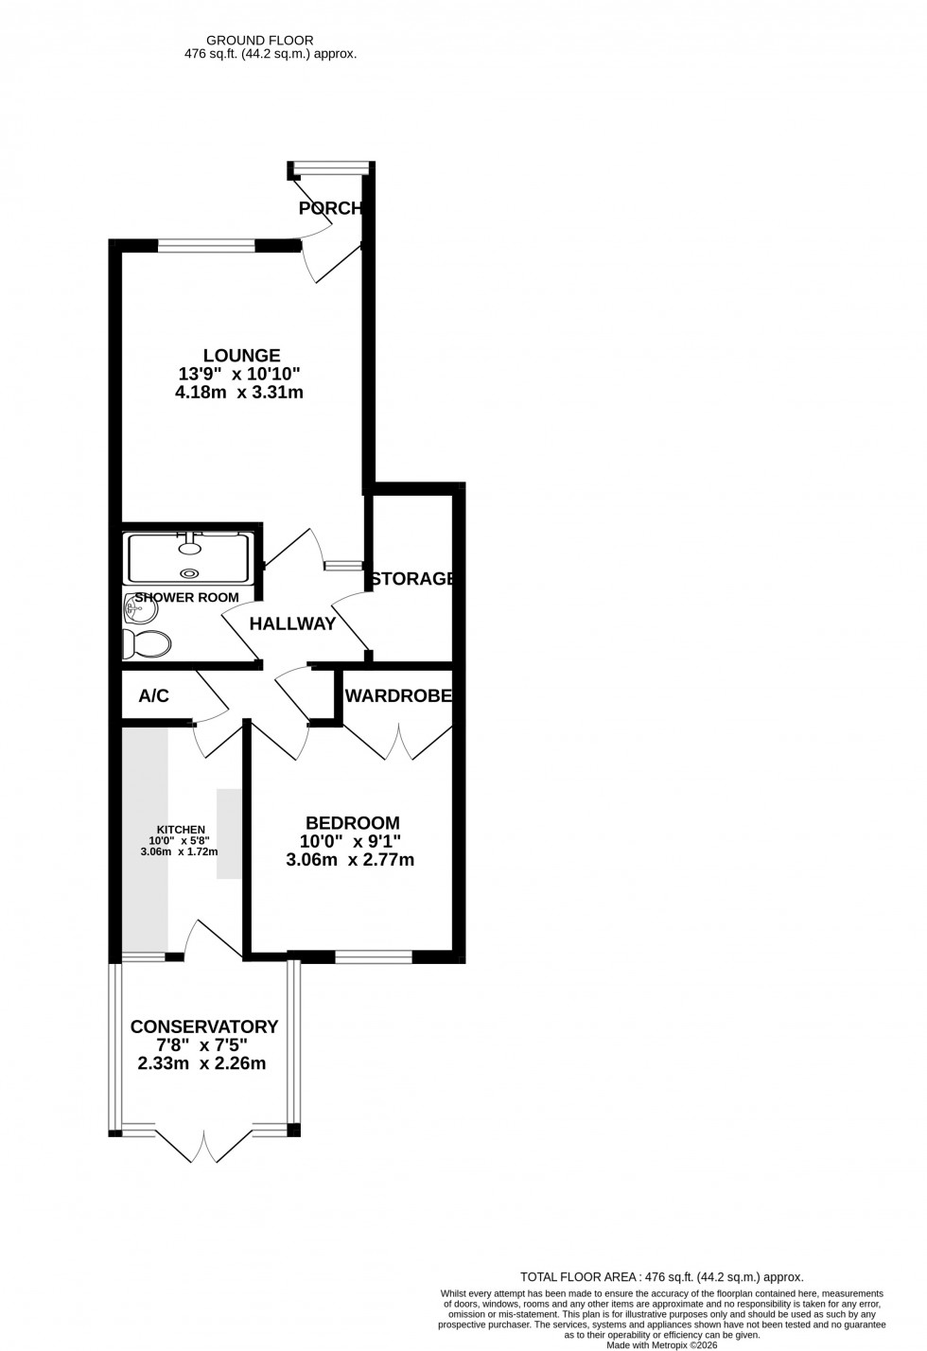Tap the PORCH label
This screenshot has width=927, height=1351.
tap(330, 208)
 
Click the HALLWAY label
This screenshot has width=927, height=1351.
tap(292, 624)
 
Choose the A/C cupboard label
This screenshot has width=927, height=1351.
tap(153, 697)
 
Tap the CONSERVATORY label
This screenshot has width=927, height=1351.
tap(204, 1027)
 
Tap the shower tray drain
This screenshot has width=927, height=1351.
tap(190, 572)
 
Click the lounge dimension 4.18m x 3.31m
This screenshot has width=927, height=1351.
tap(239, 393)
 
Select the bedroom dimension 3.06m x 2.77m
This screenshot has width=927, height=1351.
tap(350, 861)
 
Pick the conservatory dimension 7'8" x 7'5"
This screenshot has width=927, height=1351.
tap(204, 1046)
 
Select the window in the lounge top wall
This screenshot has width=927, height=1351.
tap(206, 247)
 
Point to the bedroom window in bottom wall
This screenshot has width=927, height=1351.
tap(374, 957)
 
